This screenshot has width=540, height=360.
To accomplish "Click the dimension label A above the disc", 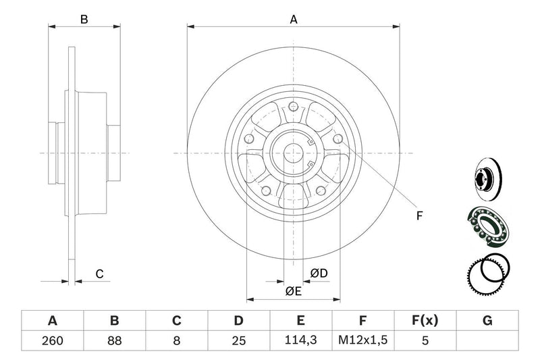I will [x=294, y=20].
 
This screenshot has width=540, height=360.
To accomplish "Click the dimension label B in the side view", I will [x=84, y=20].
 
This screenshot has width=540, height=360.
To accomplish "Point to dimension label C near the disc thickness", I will [x=99, y=274].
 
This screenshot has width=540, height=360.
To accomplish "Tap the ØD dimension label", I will [x=319, y=273].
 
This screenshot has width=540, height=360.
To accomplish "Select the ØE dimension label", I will [x=292, y=291].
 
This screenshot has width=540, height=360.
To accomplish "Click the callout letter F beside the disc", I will [x=418, y=217].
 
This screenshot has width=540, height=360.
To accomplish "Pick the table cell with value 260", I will [x=53, y=340].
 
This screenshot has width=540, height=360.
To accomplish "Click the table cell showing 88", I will [x=115, y=340].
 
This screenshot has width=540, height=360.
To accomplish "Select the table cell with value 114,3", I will [x=301, y=340].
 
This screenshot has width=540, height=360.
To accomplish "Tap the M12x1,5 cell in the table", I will [x=362, y=340].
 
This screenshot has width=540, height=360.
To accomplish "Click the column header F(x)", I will [x=425, y=320].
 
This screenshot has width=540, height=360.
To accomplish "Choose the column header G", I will [x=487, y=320].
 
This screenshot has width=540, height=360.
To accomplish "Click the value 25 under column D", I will [x=239, y=340].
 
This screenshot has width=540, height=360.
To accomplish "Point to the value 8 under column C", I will [x=177, y=340].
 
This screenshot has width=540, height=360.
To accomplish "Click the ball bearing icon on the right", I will [x=489, y=226].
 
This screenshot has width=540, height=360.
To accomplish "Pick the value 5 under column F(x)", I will [x=425, y=340].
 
